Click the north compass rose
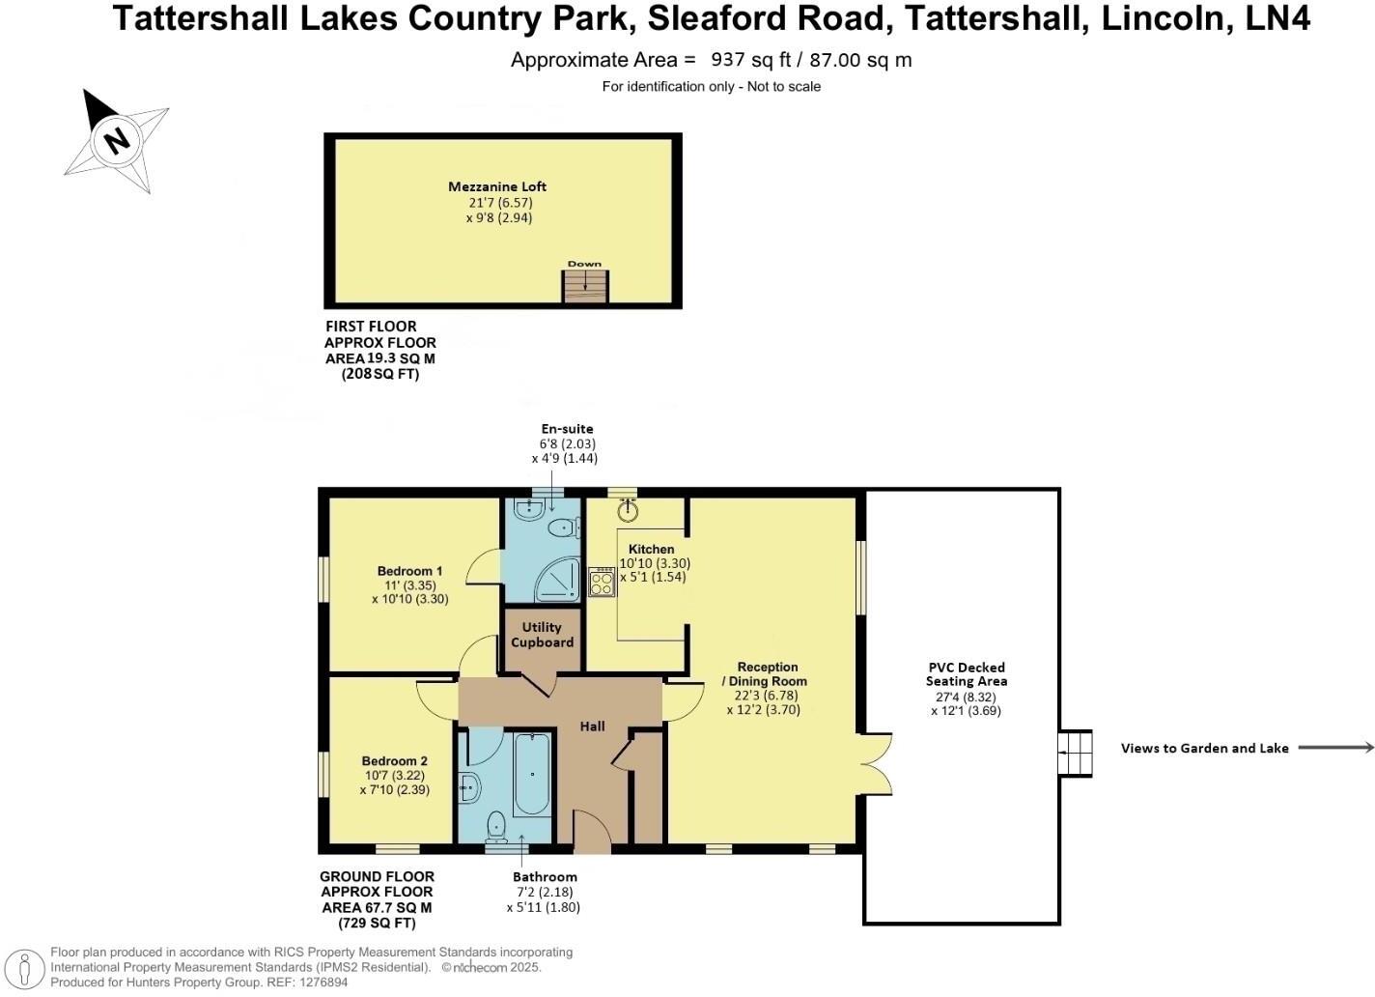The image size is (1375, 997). pyautogui.click(x=116, y=140)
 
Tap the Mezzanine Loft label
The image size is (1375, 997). pyautogui.click(x=497, y=186)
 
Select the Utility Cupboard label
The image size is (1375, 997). pyautogui.click(x=542, y=635)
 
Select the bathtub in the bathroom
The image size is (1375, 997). pyautogui.click(x=532, y=775)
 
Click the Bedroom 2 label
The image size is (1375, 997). pyautogui.click(x=394, y=760)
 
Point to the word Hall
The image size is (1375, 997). pyautogui.click(x=592, y=726)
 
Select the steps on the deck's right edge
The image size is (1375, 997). pyautogui.click(x=1075, y=753)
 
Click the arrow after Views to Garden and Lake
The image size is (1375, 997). pyautogui.click(x=1335, y=747)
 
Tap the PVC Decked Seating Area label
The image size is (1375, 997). pyautogui.click(x=966, y=674)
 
